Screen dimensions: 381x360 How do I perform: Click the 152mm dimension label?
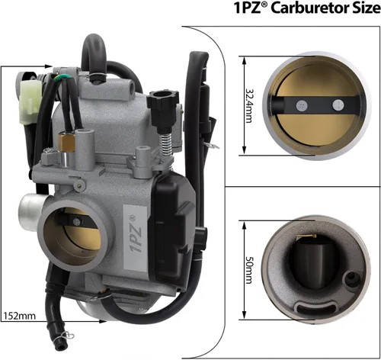click(20, 316)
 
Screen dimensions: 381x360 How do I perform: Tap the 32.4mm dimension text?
click(249, 105)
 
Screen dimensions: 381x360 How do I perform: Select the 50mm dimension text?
click(249, 270)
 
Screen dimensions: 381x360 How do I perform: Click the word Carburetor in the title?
click(309, 8)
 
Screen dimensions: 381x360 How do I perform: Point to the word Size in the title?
click(366, 8)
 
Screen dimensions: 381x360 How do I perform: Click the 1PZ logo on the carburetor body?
click(136, 234)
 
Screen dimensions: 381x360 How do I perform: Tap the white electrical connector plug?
click(30, 102)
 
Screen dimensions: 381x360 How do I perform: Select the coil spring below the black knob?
click(165, 144)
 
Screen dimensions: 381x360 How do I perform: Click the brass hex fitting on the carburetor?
click(66, 143)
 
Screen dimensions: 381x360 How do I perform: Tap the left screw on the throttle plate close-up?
click(302, 105)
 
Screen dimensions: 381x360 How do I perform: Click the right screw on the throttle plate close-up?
click(338, 105)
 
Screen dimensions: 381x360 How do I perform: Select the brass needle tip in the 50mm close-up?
click(306, 236)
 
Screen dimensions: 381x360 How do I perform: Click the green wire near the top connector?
click(58, 77)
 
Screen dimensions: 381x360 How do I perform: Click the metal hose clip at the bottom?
click(67, 337)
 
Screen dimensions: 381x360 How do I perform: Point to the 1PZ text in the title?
click(247, 8)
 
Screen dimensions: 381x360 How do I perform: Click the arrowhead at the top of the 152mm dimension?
click(49, 66)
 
